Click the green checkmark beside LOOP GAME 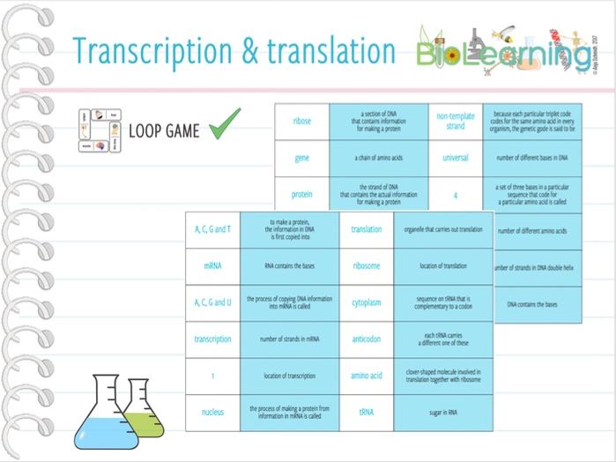(x=225, y=128)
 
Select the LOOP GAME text (x=164, y=131)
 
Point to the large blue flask (x=107, y=414)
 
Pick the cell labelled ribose (x=301, y=122)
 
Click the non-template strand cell (x=455, y=122)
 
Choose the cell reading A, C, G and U (x=212, y=302)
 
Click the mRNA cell (x=212, y=265)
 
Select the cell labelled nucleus (x=212, y=412)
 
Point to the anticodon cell (x=367, y=339)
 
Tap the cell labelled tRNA (x=367, y=412)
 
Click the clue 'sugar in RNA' (x=443, y=412)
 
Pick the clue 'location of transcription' (x=289, y=376)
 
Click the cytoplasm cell (x=367, y=302)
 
